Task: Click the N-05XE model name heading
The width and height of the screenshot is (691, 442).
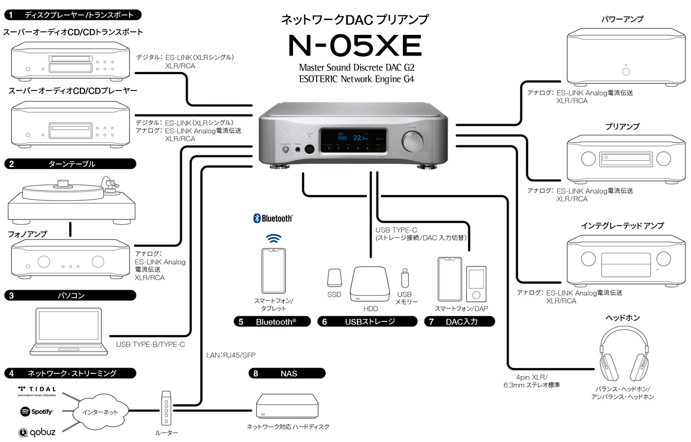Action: [x=355, y=46]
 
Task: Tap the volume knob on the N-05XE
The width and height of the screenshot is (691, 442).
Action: [x=413, y=141]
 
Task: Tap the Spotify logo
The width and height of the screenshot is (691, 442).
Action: [x=36, y=411]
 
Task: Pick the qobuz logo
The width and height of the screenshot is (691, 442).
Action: [x=36, y=432]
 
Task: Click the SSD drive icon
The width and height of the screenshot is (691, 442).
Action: [x=334, y=279]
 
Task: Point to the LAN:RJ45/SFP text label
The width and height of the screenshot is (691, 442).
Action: [x=231, y=355]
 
